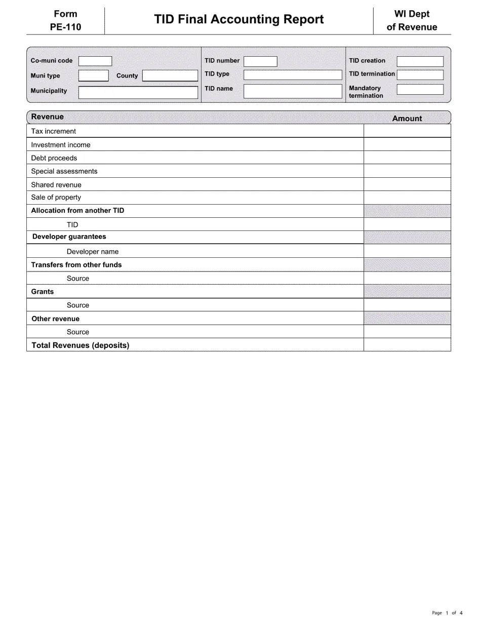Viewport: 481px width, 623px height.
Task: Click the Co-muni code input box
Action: [x=95, y=61]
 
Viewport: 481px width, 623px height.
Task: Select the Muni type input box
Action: [x=94, y=76]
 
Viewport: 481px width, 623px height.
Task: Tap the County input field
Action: [x=170, y=76]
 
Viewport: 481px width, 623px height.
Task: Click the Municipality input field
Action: [x=138, y=92]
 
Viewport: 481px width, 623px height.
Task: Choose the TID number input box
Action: [x=260, y=61]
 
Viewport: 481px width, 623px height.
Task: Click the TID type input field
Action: [x=293, y=75]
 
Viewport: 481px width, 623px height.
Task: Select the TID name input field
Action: [x=293, y=91]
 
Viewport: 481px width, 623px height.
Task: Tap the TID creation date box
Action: [x=420, y=61]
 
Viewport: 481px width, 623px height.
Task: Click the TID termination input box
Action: [x=420, y=75]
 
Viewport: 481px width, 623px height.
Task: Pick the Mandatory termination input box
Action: [x=420, y=90]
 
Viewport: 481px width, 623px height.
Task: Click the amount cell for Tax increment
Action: [x=407, y=131]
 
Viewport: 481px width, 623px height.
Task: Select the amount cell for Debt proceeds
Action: [x=407, y=158]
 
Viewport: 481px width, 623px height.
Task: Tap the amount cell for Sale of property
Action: [x=407, y=198]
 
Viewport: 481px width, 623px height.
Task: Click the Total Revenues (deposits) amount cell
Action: [x=407, y=345]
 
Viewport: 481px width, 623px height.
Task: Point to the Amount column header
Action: [x=407, y=119]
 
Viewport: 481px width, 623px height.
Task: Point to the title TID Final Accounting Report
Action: [x=239, y=19]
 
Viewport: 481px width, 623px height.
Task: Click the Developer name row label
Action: [x=93, y=252]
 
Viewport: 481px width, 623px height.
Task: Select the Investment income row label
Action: [x=61, y=145]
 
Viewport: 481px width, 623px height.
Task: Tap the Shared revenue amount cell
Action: [x=407, y=184]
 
